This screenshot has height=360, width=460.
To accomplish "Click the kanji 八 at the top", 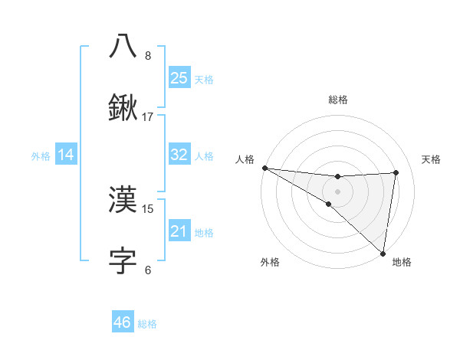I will [x=123, y=46].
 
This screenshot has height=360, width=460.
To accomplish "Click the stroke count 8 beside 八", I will [x=147, y=55].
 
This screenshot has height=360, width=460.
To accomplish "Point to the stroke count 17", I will [x=148, y=117].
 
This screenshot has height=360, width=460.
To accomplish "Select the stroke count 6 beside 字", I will [x=147, y=270].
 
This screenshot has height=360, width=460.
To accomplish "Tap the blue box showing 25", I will [x=179, y=78].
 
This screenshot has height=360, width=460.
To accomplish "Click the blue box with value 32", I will [x=179, y=155].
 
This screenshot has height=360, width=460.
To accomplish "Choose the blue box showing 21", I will [x=179, y=231].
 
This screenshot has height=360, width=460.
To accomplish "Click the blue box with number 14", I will [x=66, y=155].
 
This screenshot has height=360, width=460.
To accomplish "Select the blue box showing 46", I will [x=123, y=322].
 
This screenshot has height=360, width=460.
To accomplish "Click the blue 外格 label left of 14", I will [x=41, y=155].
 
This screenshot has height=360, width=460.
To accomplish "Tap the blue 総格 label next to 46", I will [x=147, y=324].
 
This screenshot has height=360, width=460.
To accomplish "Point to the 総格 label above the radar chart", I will [x=337, y=100].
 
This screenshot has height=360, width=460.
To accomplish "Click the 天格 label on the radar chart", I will [x=431, y=159].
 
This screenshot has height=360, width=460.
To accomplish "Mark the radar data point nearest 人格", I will [x=264, y=168].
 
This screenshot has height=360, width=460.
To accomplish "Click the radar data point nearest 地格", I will [x=383, y=253].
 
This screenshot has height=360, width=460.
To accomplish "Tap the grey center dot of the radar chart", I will [x=337, y=191].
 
